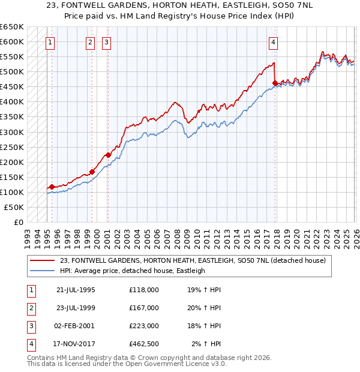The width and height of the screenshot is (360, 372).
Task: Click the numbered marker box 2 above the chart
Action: coord(90,42)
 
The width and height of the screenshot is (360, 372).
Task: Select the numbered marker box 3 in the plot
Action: coord(106,42)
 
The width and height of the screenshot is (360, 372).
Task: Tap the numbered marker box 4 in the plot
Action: coord(273,42)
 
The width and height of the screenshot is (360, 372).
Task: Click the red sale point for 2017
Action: coord(275,83)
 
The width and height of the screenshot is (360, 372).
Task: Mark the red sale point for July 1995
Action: coord(52,187)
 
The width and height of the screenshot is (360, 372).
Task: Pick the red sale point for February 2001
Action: coord(108,155)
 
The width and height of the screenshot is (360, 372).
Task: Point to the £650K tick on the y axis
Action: coord(13,27)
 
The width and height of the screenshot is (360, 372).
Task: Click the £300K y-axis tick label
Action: coord(13,132)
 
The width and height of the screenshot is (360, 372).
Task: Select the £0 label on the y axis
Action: coord(17,222)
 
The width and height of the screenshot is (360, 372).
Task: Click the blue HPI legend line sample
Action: coord(41,271)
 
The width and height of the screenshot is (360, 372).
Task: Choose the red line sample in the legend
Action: coord(41,260)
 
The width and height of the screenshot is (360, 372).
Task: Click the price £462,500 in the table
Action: coord(144,344)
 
